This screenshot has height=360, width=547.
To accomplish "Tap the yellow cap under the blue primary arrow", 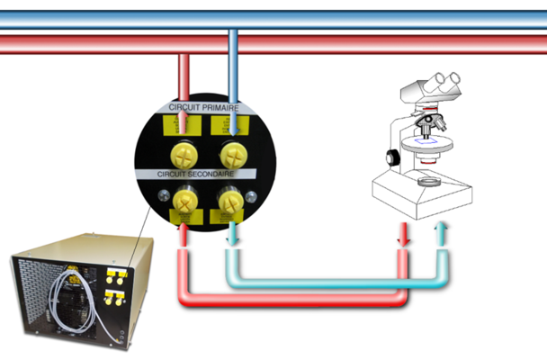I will tap(233, 148).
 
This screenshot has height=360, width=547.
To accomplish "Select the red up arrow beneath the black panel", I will tap(184, 236).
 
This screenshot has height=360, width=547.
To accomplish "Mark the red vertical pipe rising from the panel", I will tap(184, 76).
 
